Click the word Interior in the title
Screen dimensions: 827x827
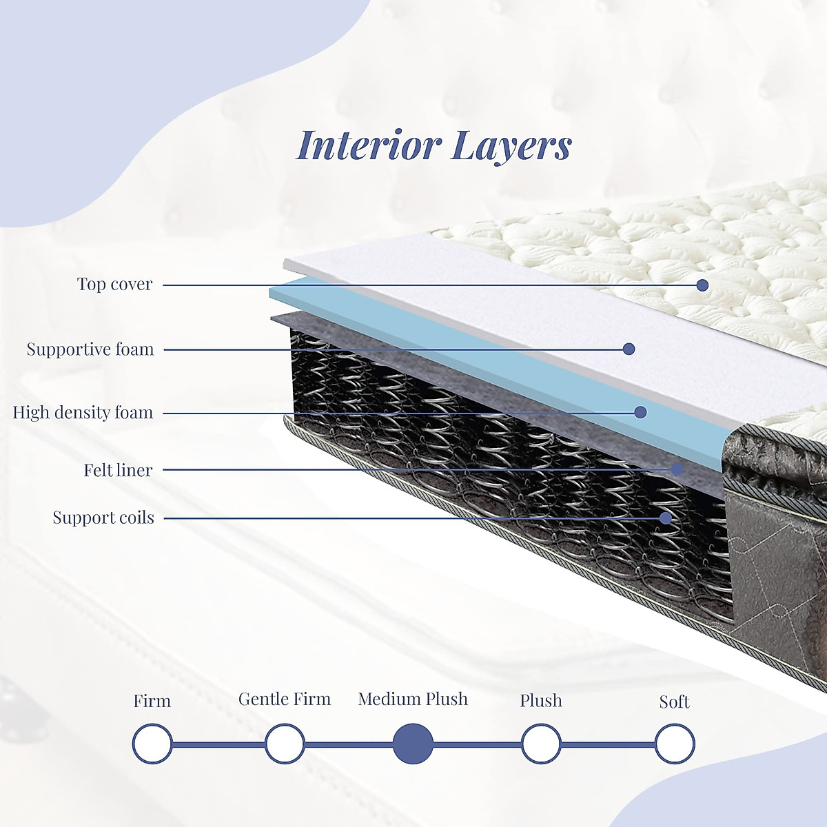point(369,145)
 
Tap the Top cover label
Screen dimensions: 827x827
point(114,284)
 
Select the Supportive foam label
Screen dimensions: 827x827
point(90,349)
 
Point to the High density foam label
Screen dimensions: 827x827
point(83,413)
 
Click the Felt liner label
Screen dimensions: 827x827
point(118,470)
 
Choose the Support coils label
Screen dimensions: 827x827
point(103,518)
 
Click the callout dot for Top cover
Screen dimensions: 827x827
point(702,285)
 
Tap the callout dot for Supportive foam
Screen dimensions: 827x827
point(629,349)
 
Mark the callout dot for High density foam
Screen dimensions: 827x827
point(640,412)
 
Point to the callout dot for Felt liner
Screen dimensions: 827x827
point(677,469)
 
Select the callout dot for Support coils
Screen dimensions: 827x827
point(666,518)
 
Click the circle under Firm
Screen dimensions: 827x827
point(152,744)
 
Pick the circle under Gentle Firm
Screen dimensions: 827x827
point(285,744)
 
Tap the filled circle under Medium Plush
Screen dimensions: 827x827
point(413,744)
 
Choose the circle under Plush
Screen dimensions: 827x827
point(541,744)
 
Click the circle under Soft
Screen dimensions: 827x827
point(675,744)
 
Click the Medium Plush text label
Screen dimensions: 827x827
point(413,700)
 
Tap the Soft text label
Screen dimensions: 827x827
point(674,702)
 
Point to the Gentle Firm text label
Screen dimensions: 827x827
point(285,700)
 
